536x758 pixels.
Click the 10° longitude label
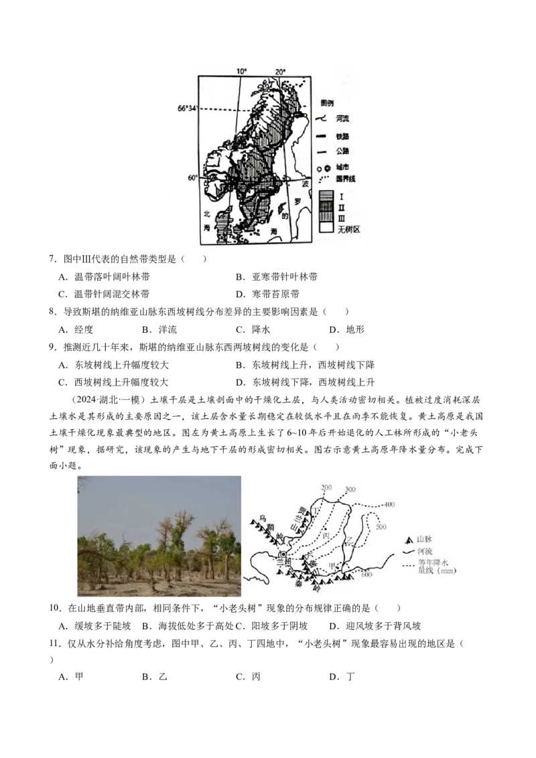tap(241, 71)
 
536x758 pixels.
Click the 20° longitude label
tap(279, 71)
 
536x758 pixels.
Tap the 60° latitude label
tap(192, 177)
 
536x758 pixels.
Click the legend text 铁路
tap(343, 136)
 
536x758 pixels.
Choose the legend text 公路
tap(343, 151)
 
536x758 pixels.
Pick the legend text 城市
tap(343, 167)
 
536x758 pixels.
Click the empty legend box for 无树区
tap(326, 228)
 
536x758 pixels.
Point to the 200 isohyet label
tap(327, 487)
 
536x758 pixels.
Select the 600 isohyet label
tap(366, 574)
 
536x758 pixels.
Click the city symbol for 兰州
tap(283, 555)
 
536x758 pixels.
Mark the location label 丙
tap(326, 536)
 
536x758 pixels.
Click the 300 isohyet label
tap(349, 489)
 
